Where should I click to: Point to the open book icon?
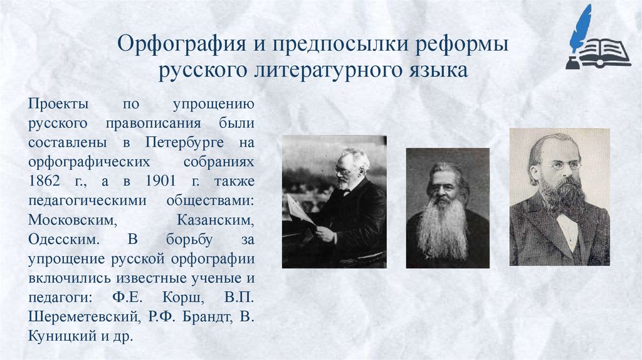(603, 53)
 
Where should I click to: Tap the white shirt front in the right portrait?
(568, 230)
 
